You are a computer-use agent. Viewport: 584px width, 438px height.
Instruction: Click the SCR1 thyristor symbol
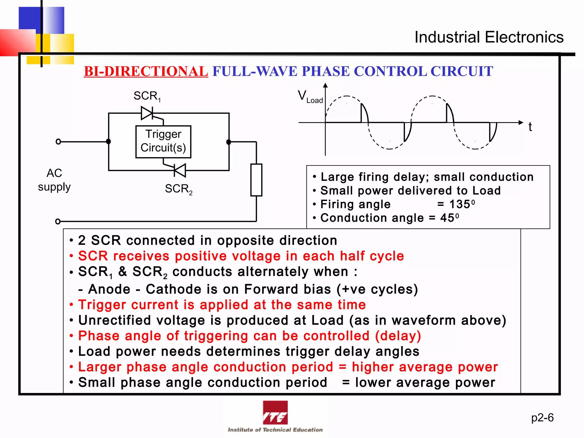coord(147,113)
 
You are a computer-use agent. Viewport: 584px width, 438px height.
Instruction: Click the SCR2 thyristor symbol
coord(180,171)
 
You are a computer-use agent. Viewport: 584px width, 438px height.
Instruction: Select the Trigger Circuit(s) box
coord(163,141)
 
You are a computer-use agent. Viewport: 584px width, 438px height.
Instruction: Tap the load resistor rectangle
coord(256,180)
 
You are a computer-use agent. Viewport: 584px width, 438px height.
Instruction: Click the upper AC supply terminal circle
coord(58,141)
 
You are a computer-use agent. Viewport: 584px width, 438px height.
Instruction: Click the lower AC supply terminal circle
coord(58,221)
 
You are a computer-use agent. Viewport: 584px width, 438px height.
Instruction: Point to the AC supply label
coord(54,180)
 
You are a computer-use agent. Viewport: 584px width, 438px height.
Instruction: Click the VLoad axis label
coord(310,96)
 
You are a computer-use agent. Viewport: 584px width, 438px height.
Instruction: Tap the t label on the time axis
coord(530,127)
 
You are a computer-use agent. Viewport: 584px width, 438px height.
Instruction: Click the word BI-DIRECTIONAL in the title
coord(146,71)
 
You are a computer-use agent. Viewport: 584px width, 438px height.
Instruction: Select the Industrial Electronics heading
coord(489,37)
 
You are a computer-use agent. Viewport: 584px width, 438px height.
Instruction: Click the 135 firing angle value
coord(460,204)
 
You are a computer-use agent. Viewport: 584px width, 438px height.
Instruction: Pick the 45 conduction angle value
coord(447,218)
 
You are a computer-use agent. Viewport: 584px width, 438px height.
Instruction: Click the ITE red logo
coord(275,413)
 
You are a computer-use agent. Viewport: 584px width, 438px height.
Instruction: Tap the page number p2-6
coord(542,417)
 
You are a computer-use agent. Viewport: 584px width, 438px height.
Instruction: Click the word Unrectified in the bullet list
coord(114,320)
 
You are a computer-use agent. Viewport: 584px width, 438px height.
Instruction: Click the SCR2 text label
coord(179,189)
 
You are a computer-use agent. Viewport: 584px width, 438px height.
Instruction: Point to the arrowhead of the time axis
coord(521,122)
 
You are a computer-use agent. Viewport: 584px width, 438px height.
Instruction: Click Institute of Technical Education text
coord(275,430)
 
